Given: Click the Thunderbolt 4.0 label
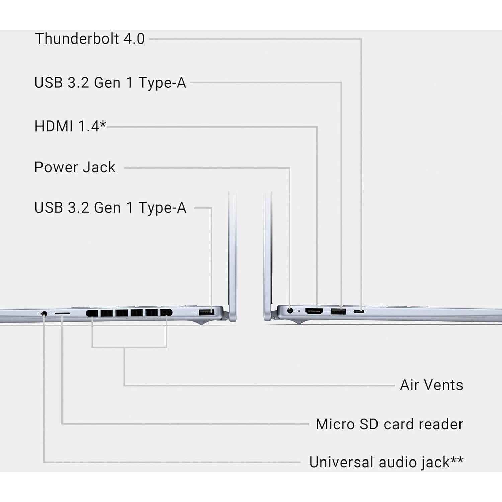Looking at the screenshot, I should tap(90, 39).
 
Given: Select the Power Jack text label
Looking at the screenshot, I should tap(75, 167).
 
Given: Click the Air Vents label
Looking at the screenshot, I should tap(431, 385).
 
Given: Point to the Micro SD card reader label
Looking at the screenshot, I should tap(389, 424).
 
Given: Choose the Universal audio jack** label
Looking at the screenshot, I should tap(386, 462).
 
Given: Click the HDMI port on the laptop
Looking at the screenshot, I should tap(314, 311).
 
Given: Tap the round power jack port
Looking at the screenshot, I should tap(290, 311).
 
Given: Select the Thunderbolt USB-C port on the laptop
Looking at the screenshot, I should tap(359, 312).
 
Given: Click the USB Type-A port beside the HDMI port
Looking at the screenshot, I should tap(338, 312).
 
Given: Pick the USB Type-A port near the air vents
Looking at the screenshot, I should tap(206, 312).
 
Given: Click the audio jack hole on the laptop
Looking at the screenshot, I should tap(44, 314).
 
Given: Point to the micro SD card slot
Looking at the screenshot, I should tap(62, 313).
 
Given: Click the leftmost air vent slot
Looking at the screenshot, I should tap(92, 313).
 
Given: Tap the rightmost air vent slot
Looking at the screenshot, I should tap(166, 313).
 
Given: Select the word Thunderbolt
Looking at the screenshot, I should tap(77, 39).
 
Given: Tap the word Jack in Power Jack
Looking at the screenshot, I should tap(99, 167).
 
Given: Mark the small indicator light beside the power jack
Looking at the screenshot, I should tap(299, 311).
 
